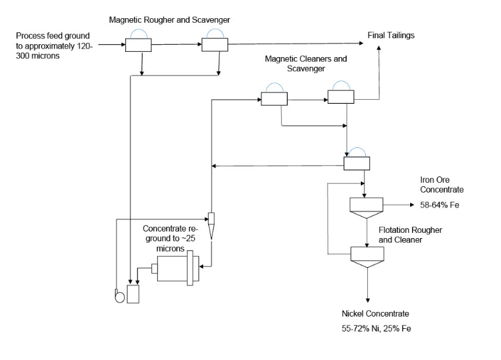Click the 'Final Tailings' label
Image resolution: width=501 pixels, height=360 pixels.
(x=391, y=35)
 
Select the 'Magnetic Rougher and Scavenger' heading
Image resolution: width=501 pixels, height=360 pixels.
(x=178, y=19)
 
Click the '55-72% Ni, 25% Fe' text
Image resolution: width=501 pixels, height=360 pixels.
(x=377, y=329)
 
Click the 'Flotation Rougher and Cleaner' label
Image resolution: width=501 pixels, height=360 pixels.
(x=407, y=235)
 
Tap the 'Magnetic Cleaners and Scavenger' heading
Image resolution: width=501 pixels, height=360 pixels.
(x=306, y=63)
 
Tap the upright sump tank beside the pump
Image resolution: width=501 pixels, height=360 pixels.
(x=134, y=294)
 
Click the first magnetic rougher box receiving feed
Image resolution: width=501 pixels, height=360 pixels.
(x=138, y=45)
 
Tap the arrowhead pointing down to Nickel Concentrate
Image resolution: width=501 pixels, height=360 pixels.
(x=368, y=300)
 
